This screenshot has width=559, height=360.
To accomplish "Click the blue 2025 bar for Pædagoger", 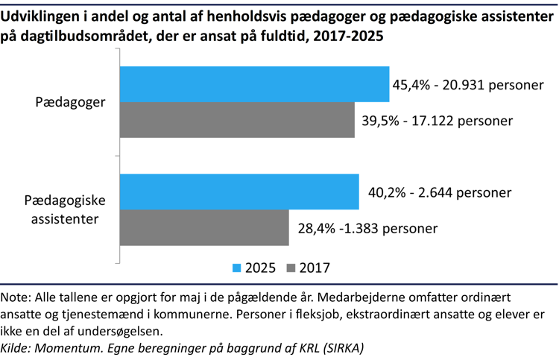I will click(x=254, y=84).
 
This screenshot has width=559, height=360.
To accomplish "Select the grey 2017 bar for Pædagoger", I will click(x=237, y=120).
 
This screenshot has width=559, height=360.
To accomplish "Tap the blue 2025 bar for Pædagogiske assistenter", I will click(x=239, y=192).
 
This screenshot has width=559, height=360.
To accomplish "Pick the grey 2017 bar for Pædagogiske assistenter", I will click(x=204, y=227).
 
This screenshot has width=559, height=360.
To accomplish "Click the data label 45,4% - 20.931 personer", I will click(x=467, y=85).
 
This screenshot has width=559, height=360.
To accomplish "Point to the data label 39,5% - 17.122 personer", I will click(x=436, y=120).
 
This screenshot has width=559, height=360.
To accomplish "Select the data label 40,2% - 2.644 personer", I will click(x=440, y=192).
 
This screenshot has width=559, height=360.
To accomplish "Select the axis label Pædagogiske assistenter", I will click(x=66, y=209).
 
